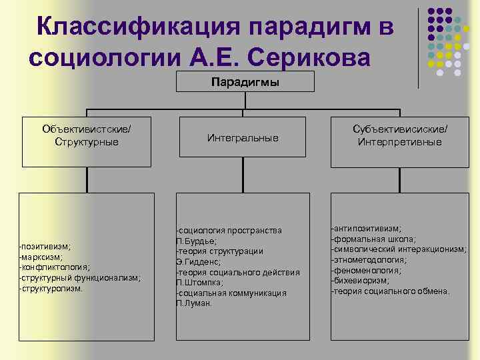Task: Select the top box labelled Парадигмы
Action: pos(245,82)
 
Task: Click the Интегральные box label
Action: pos(243,137)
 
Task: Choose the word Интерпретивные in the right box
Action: pos(399,142)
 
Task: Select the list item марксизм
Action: pos(42,257)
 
